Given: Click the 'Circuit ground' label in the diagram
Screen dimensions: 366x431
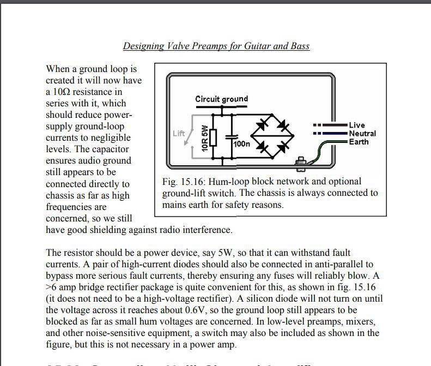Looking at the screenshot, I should tap(221, 99).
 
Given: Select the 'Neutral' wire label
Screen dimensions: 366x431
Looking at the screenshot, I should tap(362, 134).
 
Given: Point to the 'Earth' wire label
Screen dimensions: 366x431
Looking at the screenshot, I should tap(359, 142).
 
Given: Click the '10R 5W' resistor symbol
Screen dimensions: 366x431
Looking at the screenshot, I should tap(212, 137).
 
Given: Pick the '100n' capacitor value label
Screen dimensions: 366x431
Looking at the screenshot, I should tap(241, 144).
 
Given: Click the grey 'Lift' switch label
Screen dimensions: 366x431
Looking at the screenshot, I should tap(179, 134).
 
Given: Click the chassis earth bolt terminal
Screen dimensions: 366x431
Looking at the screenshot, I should tap(299, 162).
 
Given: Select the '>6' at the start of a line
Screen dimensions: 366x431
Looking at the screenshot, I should tap(52, 287).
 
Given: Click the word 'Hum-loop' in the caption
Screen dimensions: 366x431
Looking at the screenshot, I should tap(236, 182).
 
